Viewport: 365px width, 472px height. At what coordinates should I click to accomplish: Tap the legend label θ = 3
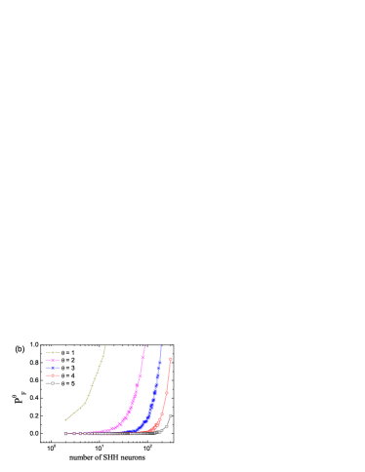point(68,368)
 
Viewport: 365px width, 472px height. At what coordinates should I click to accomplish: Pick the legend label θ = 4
point(68,375)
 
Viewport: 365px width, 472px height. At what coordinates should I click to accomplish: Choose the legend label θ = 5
point(68,383)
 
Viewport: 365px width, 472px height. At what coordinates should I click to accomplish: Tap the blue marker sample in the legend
point(52,368)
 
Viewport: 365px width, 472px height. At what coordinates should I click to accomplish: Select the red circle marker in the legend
point(52,375)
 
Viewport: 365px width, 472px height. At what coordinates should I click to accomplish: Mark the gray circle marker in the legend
point(52,383)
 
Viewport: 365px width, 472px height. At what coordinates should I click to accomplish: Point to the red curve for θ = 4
point(166,395)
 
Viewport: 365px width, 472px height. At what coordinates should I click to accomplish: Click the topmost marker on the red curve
point(171,359)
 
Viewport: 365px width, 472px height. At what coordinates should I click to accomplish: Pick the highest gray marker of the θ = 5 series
point(171,416)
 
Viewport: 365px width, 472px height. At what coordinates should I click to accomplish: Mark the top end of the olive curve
point(105,346)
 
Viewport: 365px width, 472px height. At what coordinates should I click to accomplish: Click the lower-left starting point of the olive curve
point(65,420)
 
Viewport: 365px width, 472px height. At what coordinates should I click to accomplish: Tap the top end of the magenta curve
point(145,346)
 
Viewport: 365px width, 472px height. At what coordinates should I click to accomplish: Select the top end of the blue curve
point(161,346)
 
